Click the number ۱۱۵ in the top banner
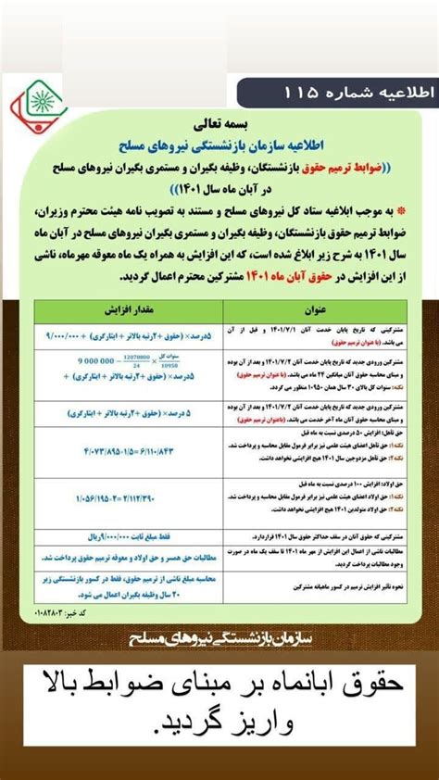pyautogui.click(x=295, y=94)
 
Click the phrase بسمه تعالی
pyautogui.click(x=219, y=122)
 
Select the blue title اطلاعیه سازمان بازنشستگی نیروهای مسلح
pyautogui.click(x=219, y=144)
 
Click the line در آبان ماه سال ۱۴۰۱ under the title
pyautogui.click(x=219, y=186)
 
